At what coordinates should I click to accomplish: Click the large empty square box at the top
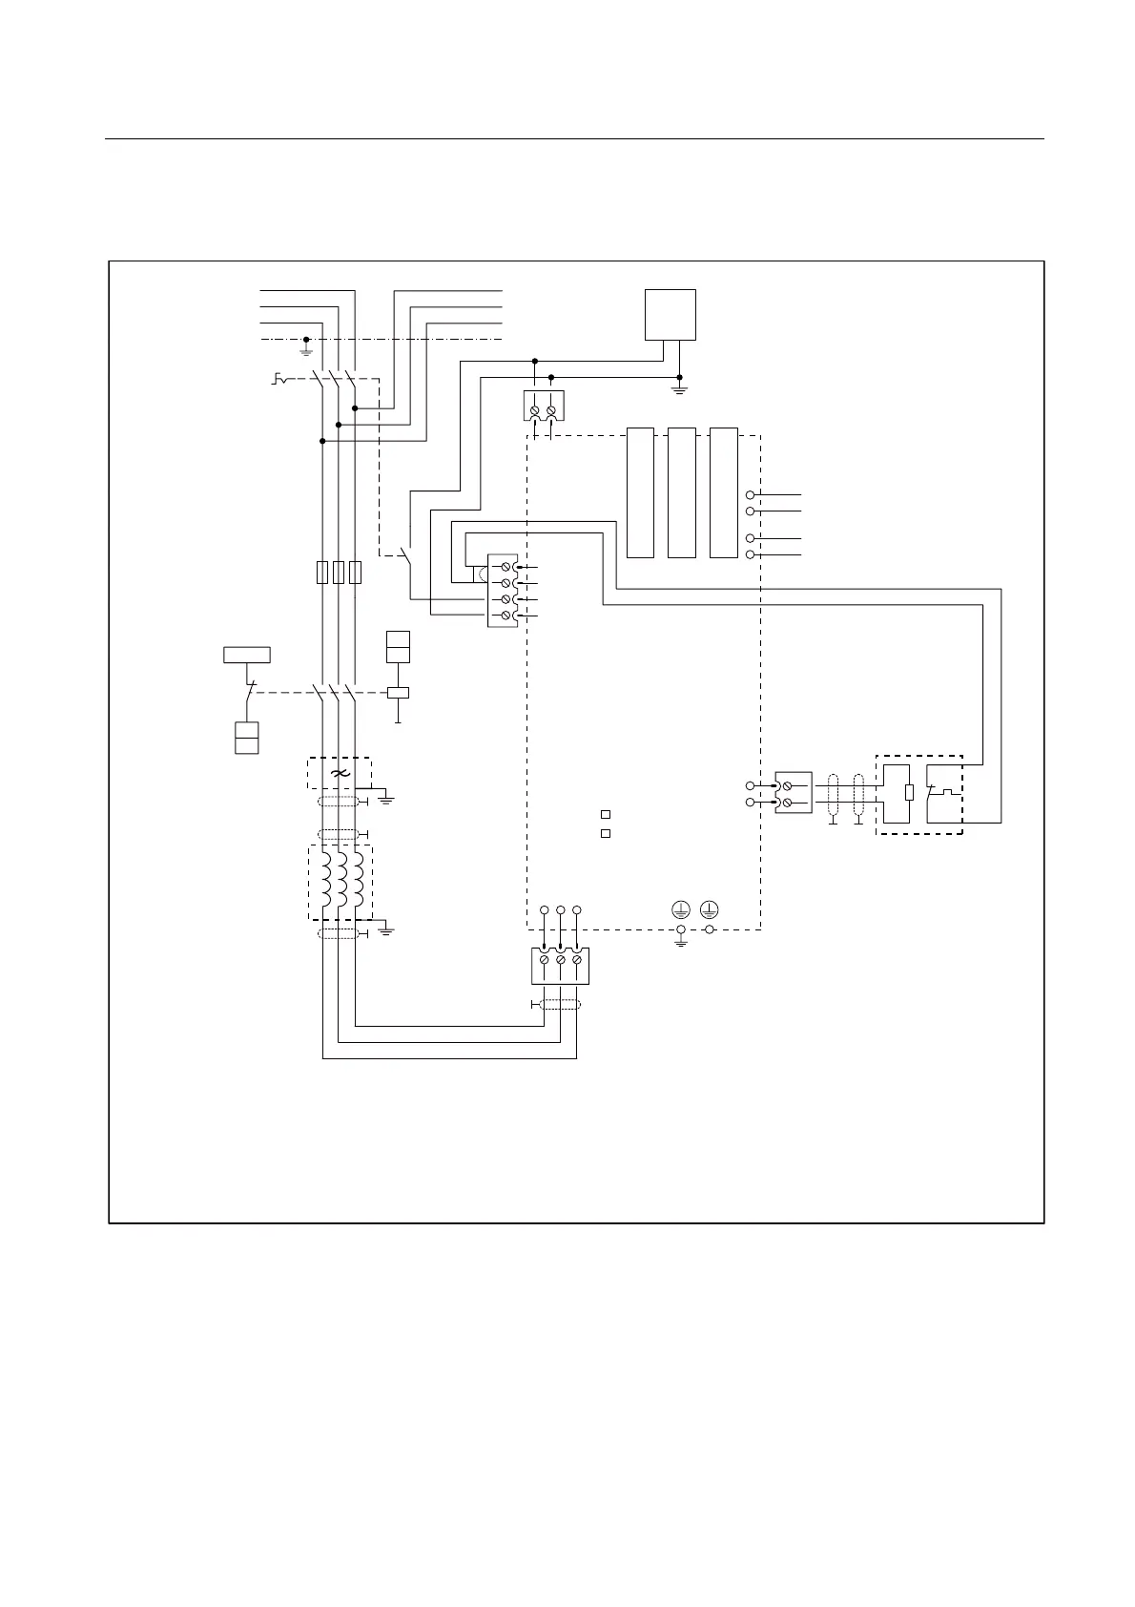[671, 314]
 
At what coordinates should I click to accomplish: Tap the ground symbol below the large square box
[678, 387]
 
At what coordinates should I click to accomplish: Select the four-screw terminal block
[502, 592]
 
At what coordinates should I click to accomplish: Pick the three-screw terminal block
[560, 965]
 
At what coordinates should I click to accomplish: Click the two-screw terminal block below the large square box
[544, 406]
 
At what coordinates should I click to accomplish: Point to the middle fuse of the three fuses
[339, 573]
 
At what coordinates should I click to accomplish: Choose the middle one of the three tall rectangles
[681, 492]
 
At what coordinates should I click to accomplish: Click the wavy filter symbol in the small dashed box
[339, 773]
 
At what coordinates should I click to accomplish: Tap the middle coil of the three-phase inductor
[340, 881]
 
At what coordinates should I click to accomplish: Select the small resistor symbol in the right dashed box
[909, 792]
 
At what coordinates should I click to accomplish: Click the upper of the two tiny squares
[605, 815]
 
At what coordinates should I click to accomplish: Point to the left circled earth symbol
[680, 909]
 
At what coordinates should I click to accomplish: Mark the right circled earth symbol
[710, 909]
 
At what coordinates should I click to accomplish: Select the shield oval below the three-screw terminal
[559, 1004]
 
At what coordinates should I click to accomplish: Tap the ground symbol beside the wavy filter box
[386, 797]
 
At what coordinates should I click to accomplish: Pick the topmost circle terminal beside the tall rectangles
[751, 495]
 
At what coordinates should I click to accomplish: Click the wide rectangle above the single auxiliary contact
[247, 655]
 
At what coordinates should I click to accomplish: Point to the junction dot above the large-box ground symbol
[678, 376]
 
